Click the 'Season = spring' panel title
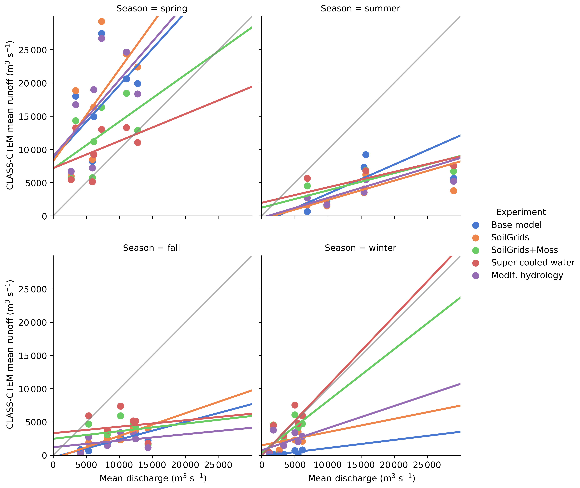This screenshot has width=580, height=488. [x=152, y=9]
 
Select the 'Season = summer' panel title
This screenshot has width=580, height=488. [x=360, y=9]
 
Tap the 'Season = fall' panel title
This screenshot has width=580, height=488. [x=152, y=248]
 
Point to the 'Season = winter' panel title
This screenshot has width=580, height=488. [x=360, y=248]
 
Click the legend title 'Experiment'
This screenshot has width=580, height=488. [x=521, y=212]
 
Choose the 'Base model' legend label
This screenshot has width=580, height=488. [x=516, y=225]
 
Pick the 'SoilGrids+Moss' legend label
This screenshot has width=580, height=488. [x=524, y=250]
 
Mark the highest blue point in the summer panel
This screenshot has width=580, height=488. [x=366, y=155]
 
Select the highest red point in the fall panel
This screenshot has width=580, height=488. [x=120, y=406]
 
